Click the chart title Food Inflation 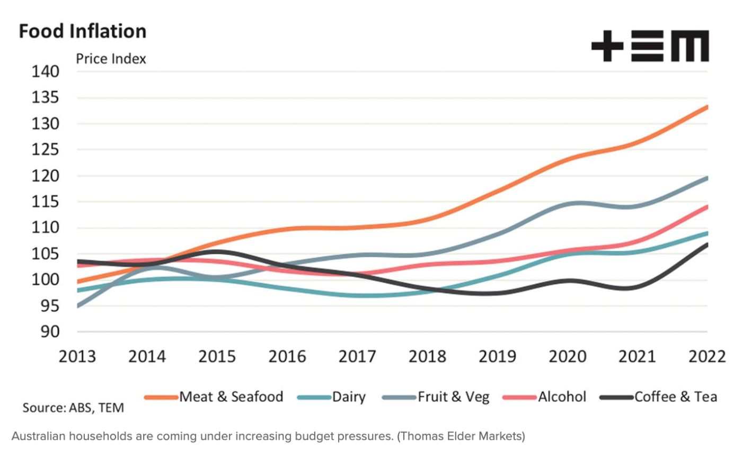click(x=82, y=31)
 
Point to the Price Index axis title click(x=111, y=59)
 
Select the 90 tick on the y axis click(x=47, y=332)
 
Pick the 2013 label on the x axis click(x=77, y=356)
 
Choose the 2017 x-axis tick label click(x=357, y=356)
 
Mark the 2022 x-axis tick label click(x=707, y=356)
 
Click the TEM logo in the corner click(x=650, y=46)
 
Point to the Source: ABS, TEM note click(x=73, y=408)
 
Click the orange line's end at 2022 click(x=706, y=107)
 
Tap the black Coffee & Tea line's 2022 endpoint click(x=706, y=244)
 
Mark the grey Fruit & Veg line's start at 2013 click(x=78, y=306)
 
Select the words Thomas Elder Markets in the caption click(x=461, y=437)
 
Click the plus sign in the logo click(x=607, y=46)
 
